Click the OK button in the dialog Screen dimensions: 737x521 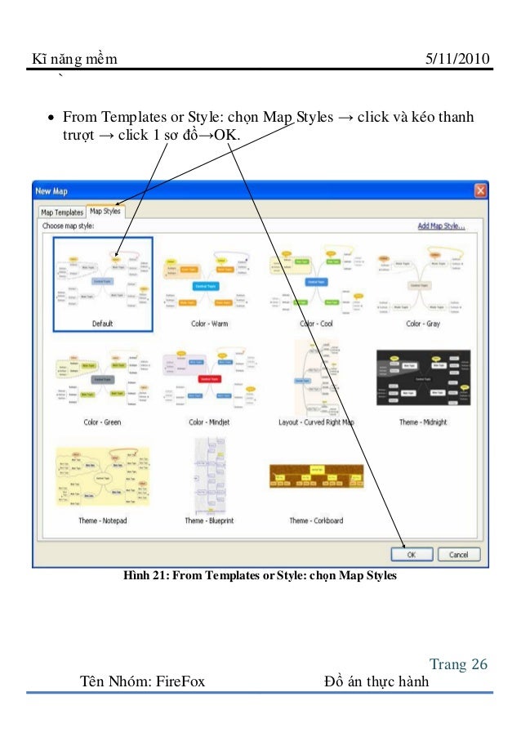click(412, 554)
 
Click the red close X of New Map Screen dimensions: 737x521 click(480, 190)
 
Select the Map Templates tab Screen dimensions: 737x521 click(62, 212)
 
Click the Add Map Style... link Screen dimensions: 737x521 click(441, 226)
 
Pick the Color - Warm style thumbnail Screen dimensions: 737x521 click(209, 279)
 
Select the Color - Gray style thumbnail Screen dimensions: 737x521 click(425, 279)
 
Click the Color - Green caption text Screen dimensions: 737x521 click(103, 422)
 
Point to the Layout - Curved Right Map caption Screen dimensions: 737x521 click(316, 422)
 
